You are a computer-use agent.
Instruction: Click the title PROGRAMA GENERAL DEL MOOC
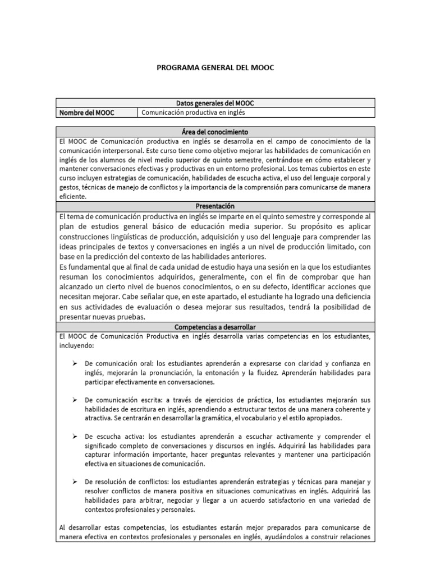pos(215,67)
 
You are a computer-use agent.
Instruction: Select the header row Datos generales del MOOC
pos(215,103)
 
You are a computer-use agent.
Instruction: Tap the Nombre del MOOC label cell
pos(86,113)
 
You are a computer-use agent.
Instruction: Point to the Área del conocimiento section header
pos(215,132)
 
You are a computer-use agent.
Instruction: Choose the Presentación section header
pos(215,206)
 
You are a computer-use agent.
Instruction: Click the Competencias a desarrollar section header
pos(215,326)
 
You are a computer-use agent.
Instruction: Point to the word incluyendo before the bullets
pos(76,346)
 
